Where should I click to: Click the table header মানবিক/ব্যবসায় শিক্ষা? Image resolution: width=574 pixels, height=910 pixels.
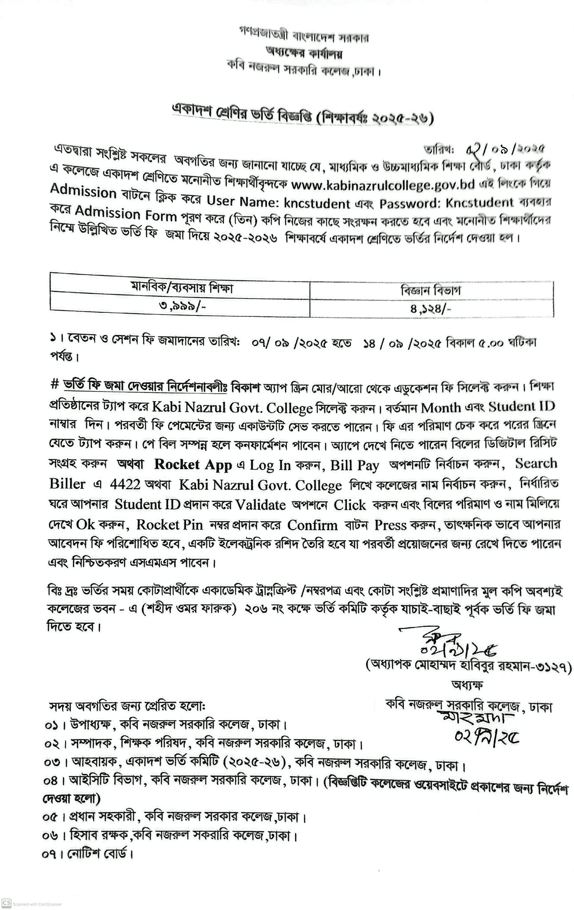click(x=182, y=289)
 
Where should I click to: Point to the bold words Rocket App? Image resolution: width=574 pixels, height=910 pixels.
click(x=193, y=465)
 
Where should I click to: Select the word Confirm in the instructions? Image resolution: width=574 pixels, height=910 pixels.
click(x=312, y=525)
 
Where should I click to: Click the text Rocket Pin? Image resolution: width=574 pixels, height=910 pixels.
click(x=169, y=525)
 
